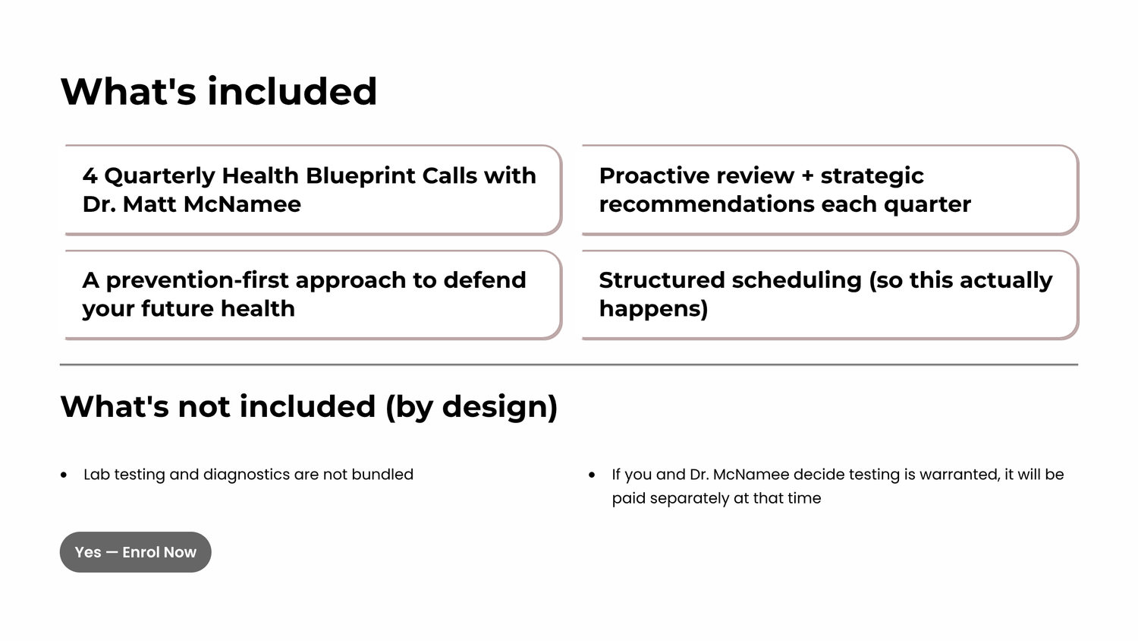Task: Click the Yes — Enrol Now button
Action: point(135,552)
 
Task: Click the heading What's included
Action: point(218,92)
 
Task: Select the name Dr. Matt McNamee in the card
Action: point(191,204)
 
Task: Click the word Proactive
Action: point(671,176)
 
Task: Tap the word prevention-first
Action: point(197,280)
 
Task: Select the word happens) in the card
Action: point(653,309)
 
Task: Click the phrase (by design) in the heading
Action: point(471,407)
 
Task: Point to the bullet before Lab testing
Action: point(64,475)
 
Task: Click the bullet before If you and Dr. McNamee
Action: point(591,475)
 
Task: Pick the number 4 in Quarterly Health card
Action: point(90,176)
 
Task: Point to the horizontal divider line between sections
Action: point(569,365)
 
